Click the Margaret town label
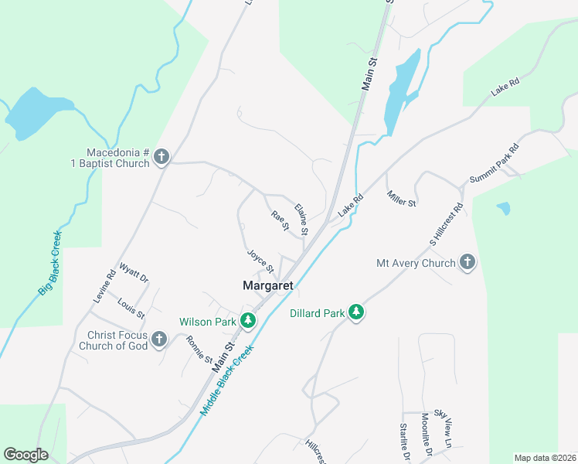(x=268, y=285)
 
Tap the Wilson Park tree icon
(x=248, y=320)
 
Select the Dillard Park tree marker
(x=356, y=312)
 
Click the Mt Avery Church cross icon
(x=467, y=263)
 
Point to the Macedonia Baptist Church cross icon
(x=161, y=157)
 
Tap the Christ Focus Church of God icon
(x=158, y=339)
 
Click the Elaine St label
(x=302, y=219)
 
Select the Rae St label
(x=279, y=221)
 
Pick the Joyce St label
(x=260, y=261)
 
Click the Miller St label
(x=401, y=198)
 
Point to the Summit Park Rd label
(x=493, y=163)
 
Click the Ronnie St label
(x=199, y=349)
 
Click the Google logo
(x=25, y=454)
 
